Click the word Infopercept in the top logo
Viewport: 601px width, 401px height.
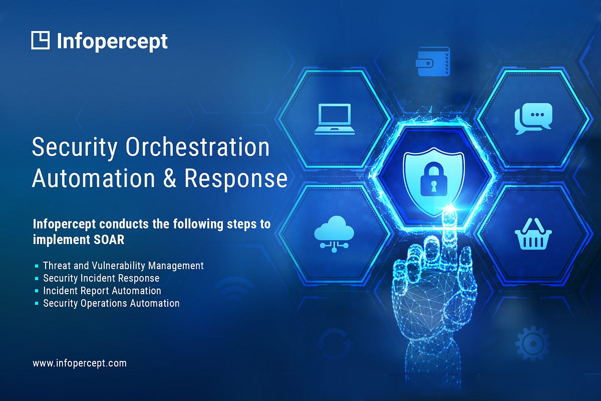[x=112, y=41]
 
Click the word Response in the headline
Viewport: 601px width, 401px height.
[x=235, y=179]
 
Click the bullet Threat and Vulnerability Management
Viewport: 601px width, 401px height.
[x=123, y=266]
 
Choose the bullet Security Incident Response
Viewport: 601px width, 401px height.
[x=101, y=278]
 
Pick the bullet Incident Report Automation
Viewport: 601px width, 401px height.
[x=102, y=291]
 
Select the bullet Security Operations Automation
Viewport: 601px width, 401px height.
[x=111, y=303]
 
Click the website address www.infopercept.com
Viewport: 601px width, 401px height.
[x=80, y=363]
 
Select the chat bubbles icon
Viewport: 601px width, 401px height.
[x=533, y=119]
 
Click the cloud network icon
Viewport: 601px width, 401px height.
[x=334, y=232]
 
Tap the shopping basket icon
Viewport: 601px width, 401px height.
[x=533, y=234]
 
